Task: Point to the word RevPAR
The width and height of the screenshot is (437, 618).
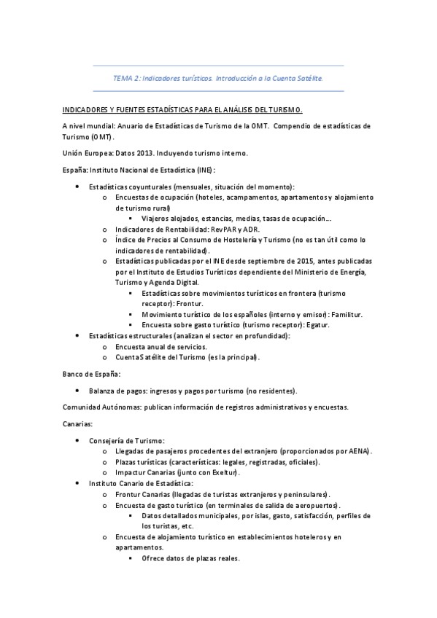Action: [x=220, y=229]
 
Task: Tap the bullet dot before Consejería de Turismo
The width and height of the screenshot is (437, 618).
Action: [x=78, y=440]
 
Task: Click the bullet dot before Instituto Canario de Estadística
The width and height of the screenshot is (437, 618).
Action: [x=78, y=483]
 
